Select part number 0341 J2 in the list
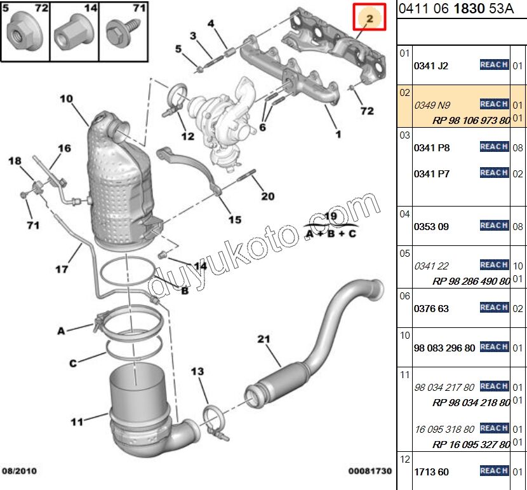point(432,65)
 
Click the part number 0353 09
point(432,226)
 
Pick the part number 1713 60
point(431,472)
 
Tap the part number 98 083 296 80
point(444,348)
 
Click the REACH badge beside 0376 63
point(493,308)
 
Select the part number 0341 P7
point(432,174)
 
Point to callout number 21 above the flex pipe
point(264,339)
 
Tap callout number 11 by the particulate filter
point(77,421)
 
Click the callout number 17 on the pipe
point(61,269)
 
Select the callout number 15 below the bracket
point(235,220)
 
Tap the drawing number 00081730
point(370,471)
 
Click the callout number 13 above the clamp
point(197,371)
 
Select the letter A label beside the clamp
point(62,330)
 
